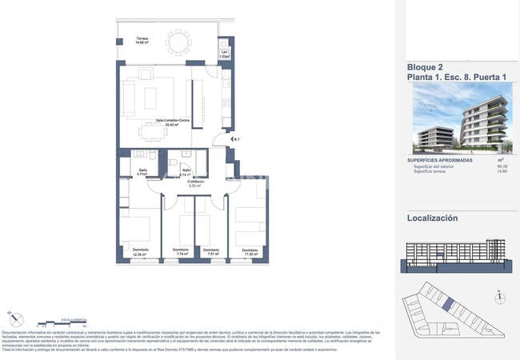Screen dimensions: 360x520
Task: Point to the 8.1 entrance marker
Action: coord(235,141)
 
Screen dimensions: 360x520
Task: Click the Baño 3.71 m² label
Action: coord(130,171)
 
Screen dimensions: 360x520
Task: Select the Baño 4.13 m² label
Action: coord(186,172)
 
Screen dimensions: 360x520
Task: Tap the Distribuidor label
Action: coord(186,183)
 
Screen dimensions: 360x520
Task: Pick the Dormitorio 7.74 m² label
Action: coord(180,251)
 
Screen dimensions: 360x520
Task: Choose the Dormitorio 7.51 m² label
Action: coord(210,251)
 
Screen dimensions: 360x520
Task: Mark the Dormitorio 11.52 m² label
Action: coord(246,252)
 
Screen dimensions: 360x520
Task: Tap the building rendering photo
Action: coord(462,118)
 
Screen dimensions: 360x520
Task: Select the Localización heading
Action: coord(433,218)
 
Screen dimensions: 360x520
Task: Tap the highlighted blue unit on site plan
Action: coord(448,305)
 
